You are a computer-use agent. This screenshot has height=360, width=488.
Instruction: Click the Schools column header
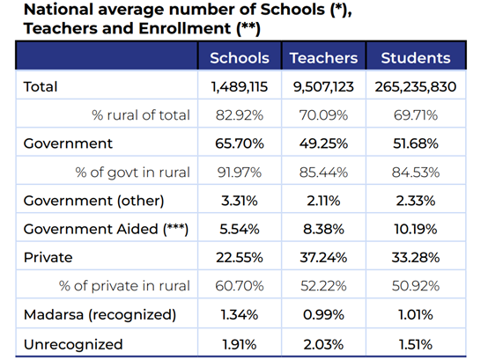click(240, 58)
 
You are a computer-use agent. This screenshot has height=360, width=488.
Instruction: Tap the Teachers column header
click(323, 58)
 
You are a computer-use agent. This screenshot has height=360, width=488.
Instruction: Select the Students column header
click(416, 58)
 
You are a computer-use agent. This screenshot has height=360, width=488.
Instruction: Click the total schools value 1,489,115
click(240, 87)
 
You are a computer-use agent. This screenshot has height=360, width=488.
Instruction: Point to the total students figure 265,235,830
click(416, 87)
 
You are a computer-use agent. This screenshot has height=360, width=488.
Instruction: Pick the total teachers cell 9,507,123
click(323, 87)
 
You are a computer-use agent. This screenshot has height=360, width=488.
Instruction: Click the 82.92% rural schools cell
click(240, 115)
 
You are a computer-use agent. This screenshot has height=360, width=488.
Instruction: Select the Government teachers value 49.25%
click(323, 143)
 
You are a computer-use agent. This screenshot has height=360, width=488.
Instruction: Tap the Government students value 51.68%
click(416, 143)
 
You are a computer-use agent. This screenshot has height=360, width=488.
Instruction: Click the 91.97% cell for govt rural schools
click(240, 173)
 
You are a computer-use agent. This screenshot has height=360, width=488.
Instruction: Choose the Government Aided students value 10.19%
click(416, 230)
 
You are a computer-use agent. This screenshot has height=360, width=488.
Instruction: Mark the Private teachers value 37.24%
click(323, 258)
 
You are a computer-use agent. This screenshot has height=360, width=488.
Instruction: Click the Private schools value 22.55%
click(240, 258)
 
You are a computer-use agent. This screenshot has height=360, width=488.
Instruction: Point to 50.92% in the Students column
click(416, 286)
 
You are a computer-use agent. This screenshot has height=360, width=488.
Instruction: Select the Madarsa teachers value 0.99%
click(323, 315)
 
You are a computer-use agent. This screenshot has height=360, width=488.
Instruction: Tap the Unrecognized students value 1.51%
click(416, 344)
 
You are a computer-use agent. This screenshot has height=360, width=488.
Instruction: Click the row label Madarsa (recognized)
click(100, 315)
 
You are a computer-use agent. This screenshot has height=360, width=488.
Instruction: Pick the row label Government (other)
click(93, 201)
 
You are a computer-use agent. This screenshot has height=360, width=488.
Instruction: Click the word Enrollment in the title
click(185, 28)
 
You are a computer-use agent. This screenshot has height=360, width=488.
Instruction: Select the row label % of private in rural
click(124, 286)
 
